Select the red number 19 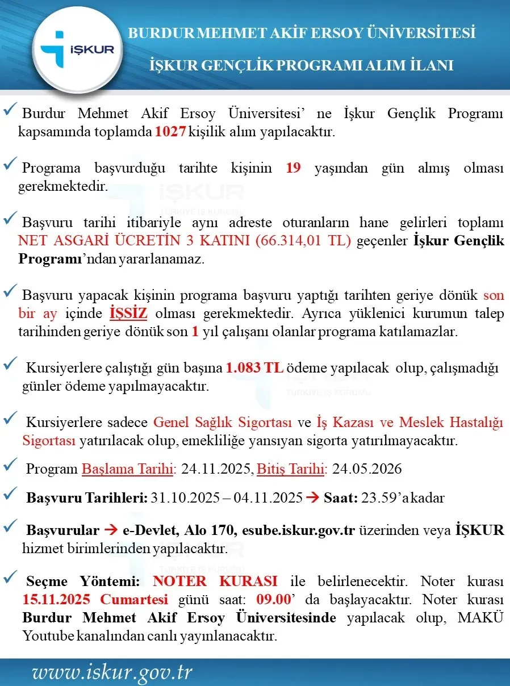[x=293, y=168]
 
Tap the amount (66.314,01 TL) [x=304, y=241]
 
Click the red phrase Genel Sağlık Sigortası [x=223, y=423]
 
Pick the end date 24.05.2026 [x=367, y=469]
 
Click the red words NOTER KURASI [x=215, y=581]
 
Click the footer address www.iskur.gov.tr [x=112, y=672]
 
